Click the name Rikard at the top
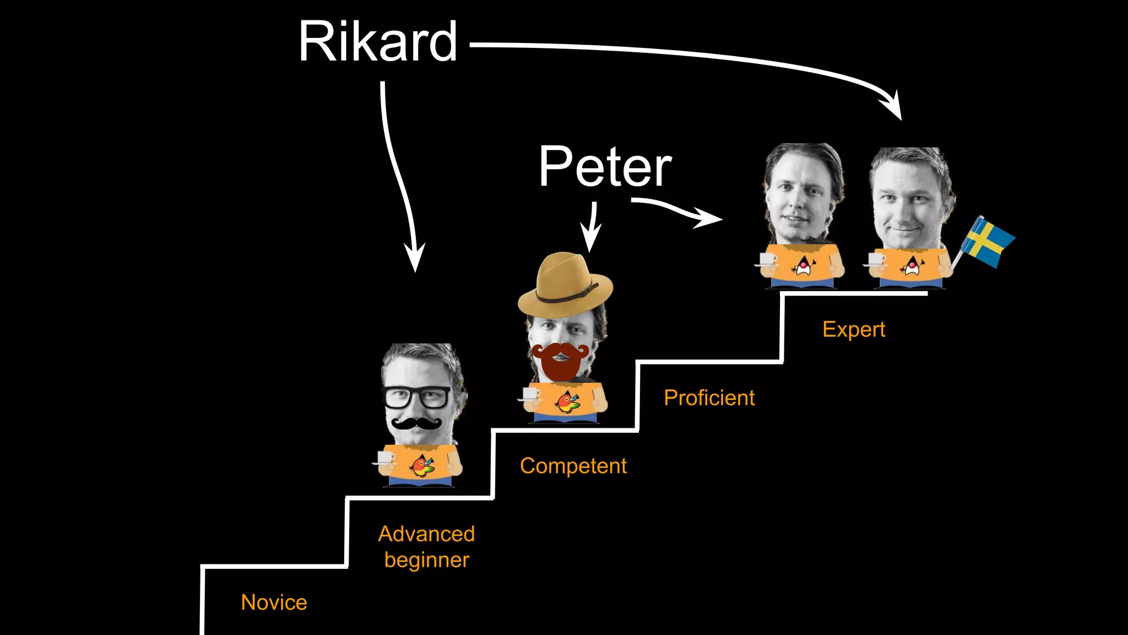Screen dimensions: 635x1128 378,42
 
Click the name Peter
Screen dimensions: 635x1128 605,166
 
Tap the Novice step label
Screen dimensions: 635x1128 274,602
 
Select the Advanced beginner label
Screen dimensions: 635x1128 426,546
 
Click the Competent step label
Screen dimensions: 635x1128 573,466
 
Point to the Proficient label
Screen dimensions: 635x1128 709,397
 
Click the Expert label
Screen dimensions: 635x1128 853,329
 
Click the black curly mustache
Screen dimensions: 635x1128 416,423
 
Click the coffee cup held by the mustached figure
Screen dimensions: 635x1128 383,458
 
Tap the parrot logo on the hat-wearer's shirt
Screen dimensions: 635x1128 567,402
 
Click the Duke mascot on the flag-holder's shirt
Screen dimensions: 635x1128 912,266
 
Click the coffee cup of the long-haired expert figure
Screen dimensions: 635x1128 766,260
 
